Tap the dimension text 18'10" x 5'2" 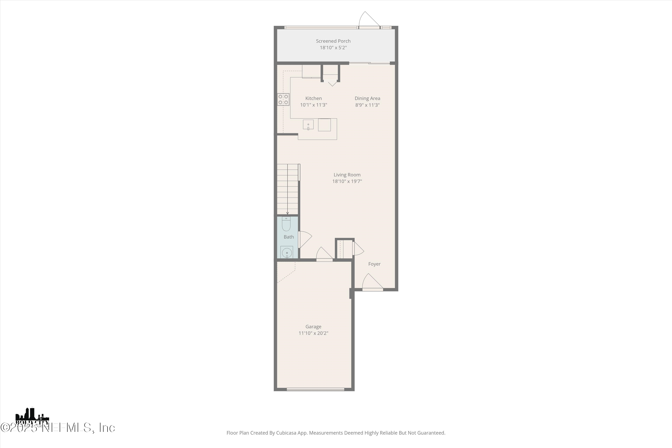[x=333, y=48]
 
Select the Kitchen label [x=313, y=98]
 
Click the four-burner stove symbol [x=283, y=99]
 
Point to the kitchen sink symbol [x=308, y=125]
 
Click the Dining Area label [x=367, y=98]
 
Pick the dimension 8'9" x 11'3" [x=367, y=105]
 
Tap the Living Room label [x=347, y=174]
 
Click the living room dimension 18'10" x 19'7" [x=347, y=181]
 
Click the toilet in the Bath [x=286, y=224]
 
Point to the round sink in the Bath [x=286, y=253]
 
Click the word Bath [x=289, y=237]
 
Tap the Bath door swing [x=305, y=239]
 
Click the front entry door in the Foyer [x=372, y=283]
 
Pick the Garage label [x=313, y=327]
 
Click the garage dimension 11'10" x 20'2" [x=313, y=333]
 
